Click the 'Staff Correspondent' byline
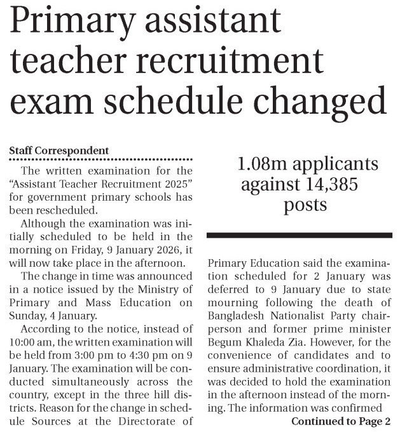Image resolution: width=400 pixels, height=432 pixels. pyautogui.click(x=59, y=151)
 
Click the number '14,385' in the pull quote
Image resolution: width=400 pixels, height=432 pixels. pyautogui.click(x=326, y=185)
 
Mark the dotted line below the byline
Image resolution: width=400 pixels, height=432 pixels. pyautogui.click(x=100, y=159)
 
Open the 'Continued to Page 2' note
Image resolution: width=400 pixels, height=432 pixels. pyautogui.click(x=340, y=421)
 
